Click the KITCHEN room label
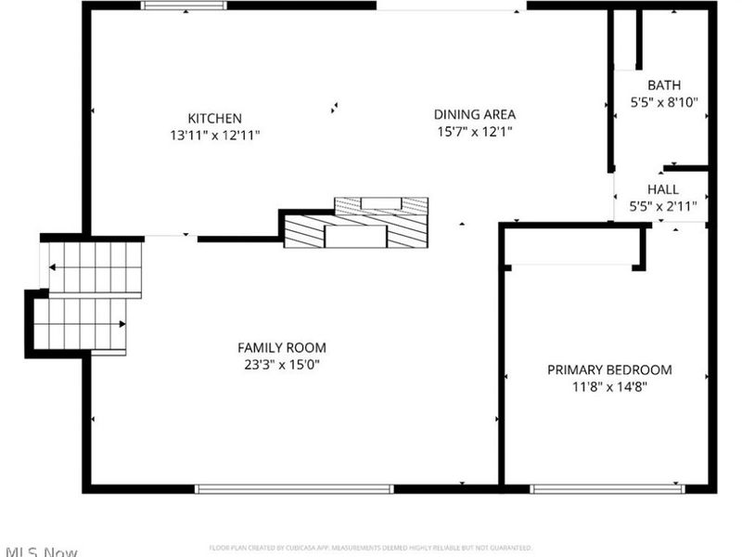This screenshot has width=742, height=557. pyautogui.click(x=215, y=118)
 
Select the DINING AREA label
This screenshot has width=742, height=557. pyautogui.click(x=475, y=114)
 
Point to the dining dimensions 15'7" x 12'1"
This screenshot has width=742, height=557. pyautogui.click(x=475, y=132)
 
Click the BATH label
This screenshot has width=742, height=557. pyautogui.click(x=663, y=85)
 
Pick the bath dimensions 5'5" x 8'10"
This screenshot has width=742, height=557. pyautogui.click(x=664, y=103)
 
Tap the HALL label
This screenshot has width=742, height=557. pyautogui.click(x=663, y=188)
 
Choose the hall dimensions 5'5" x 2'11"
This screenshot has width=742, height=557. pyautogui.click(x=663, y=206)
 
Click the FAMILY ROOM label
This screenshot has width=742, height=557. pyautogui.click(x=282, y=347)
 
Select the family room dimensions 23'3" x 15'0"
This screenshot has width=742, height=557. pyautogui.click(x=282, y=365)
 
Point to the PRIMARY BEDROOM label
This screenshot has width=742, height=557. pyautogui.click(x=609, y=369)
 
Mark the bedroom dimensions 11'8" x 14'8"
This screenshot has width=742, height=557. pyautogui.click(x=609, y=387)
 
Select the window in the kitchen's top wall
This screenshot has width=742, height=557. pyautogui.click(x=184, y=6)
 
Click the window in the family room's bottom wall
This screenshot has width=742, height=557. pyautogui.click(x=294, y=488)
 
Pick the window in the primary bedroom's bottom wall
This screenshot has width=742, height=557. pyautogui.click(x=607, y=488)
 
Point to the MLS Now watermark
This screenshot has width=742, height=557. pyautogui.click(x=39, y=551)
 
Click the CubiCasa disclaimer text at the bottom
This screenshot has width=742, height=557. pyautogui.click(x=371, y=548)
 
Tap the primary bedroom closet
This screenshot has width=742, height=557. pyautogui.click(x=572, y=246)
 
